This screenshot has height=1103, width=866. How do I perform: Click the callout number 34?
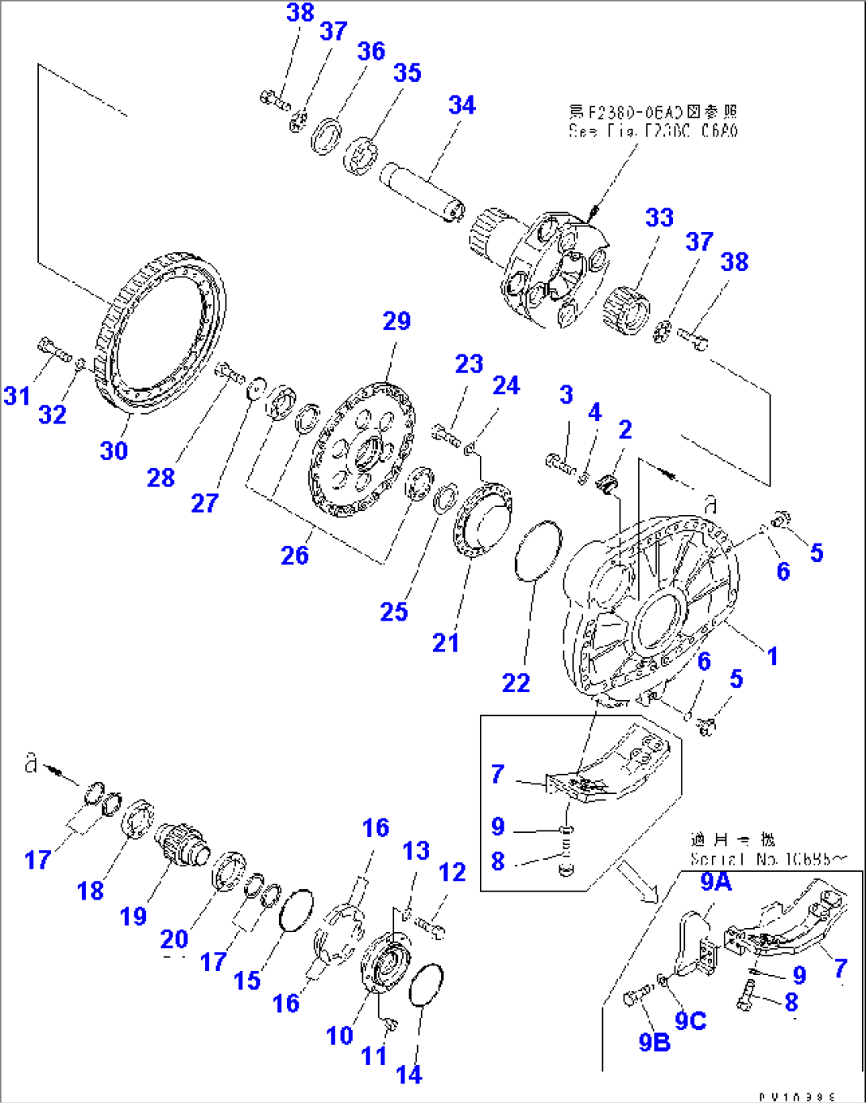tap(462, 106)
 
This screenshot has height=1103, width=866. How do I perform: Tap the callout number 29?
tap(396, 321)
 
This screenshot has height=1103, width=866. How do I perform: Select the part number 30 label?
tap(114, 451)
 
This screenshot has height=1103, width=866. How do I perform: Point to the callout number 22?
tap(516, 683)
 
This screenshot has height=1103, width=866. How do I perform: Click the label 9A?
tap(715, 881)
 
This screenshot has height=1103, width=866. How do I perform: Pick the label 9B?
tap(654, 1042)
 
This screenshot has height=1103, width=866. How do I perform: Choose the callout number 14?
tap(408, 1075)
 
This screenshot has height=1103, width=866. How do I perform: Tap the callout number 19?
tap(133, 916)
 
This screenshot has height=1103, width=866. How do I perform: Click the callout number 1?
tap(771, 656)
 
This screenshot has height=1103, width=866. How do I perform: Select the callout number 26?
tap(294, 555)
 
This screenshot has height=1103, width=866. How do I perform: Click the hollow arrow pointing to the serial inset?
tap(640, 881)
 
